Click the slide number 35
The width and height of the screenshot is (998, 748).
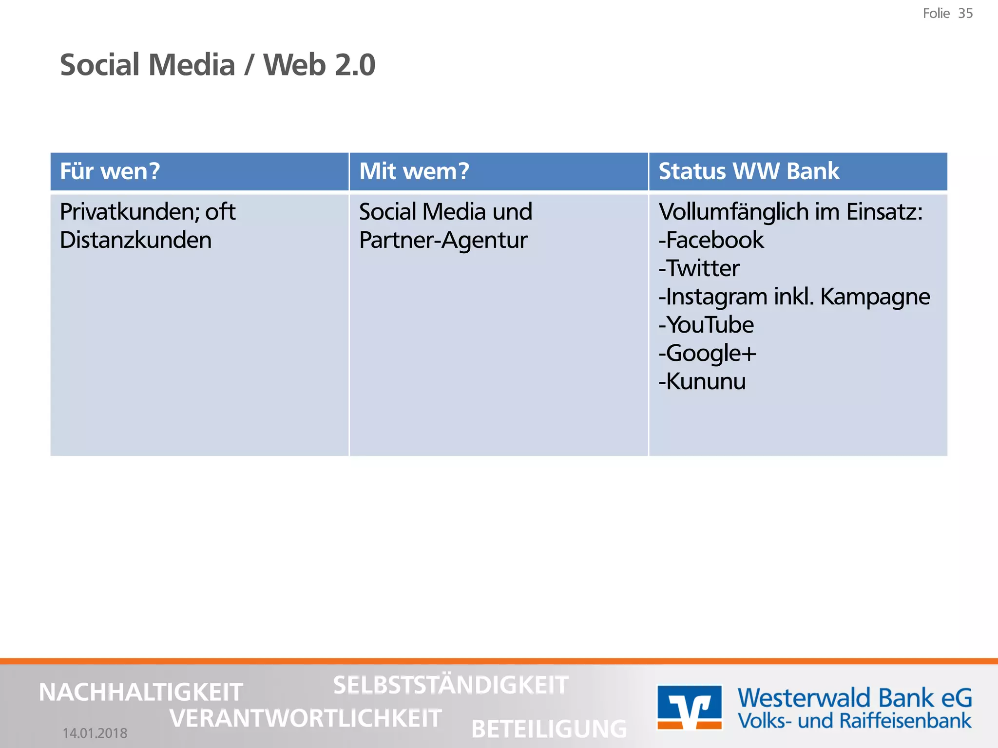click(x=965, y=14)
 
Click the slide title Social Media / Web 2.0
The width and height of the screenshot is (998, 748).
click(x=217, y=65)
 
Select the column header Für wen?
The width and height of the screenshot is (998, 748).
click(x=110, y=171)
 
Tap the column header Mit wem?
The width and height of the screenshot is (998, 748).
click(x=414, y=171)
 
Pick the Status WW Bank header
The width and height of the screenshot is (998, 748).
click(x=748, y=171)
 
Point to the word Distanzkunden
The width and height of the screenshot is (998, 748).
click(x=135, y=241)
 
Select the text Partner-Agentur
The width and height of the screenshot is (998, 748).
click(x=443, y=241)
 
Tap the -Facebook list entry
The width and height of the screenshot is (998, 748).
click(x=711, y=241)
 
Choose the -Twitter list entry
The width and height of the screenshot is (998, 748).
click(x=699, y=269)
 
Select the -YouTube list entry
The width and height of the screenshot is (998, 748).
click(x=706, y=325)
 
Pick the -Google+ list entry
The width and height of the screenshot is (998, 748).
click(x=707, y=354)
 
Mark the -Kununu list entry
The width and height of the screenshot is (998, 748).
click(x=702, y=382)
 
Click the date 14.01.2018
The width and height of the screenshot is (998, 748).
click(x=95, y=733)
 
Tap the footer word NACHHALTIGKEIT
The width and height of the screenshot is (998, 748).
click(x=140, y=692)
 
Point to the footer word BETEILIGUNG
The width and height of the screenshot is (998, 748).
click(x=549, y=729)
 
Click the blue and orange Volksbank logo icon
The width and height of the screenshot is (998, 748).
click(x=689, y=708)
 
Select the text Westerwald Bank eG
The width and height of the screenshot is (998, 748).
click(x=854, y=698)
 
